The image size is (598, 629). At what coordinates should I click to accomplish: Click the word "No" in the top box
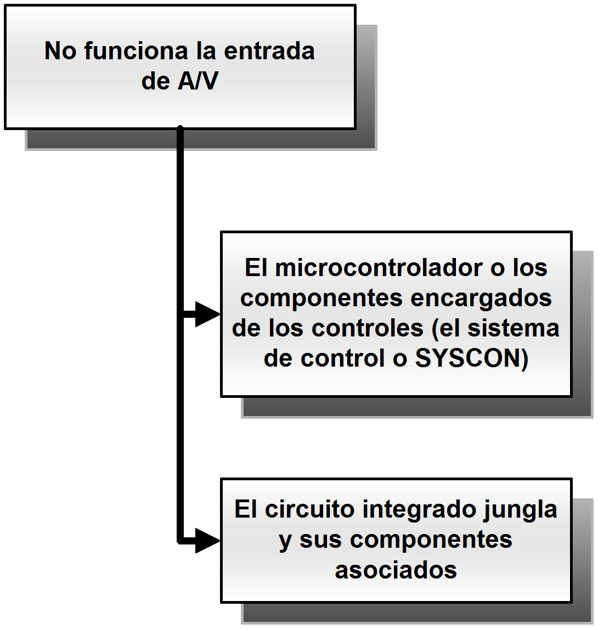[x=61, y=51]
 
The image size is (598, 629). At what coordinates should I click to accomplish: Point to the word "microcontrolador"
[x=379, y=268]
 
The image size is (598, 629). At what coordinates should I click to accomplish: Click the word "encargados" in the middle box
[x=481, y=298]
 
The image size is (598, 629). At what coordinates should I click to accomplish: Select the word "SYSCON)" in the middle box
[x=472, y=358]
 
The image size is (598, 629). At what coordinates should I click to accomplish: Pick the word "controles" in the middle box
[x=368, y=328]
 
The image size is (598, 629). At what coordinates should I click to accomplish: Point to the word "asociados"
[x=396, y=569]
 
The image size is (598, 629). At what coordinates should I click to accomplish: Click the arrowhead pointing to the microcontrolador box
[x=208, y=314]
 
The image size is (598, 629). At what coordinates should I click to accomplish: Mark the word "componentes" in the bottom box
[x=431, y=540]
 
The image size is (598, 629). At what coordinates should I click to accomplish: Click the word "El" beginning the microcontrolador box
[x=256, y=268]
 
